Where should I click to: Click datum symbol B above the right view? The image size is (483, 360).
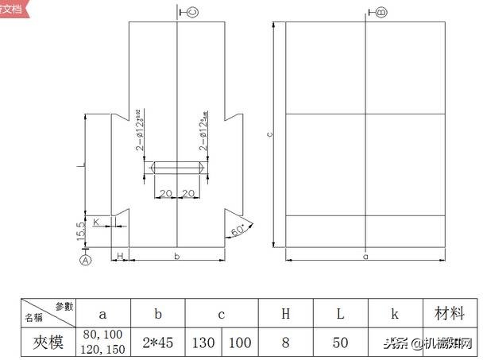[x=381, y=12]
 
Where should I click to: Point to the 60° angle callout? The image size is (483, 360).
[x=238, y=231]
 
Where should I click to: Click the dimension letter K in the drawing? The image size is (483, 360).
[x=97, y=222]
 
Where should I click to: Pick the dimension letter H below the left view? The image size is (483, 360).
[x=119, y=255]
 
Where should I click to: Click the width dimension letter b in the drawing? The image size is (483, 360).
[x=176, y=256]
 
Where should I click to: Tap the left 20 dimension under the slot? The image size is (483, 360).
[x=165, y=194]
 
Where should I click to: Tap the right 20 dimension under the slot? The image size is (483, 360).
[x=190, y=194]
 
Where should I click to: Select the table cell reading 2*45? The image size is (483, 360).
[x=158, y=343]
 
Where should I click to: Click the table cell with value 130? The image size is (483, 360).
[x=204, y=343]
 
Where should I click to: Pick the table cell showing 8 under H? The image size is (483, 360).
[x=285, y=343]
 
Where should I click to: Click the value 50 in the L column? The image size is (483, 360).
[x=339, y=343]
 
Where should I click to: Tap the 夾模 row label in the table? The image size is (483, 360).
[x=47, y=343]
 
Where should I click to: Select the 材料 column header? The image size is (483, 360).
[x=449, y=313]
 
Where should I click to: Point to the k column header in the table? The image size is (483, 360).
[x=394, y=313]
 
